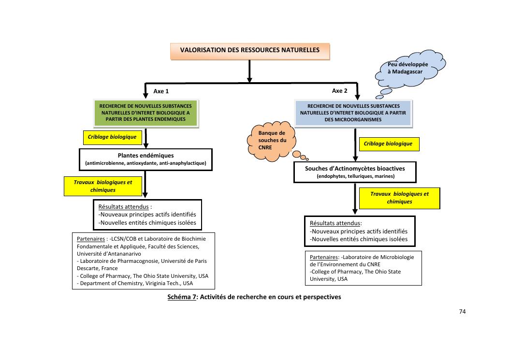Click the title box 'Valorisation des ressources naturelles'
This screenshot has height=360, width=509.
(x=250, y=50)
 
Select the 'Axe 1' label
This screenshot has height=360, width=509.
(x=161, y=91)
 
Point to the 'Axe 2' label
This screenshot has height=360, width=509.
(x=339, y=90)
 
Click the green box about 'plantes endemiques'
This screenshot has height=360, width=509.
(x=145, y=113)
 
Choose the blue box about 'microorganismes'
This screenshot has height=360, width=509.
(x=353, y=113)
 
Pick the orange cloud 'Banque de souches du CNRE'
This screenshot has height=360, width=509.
(x=272, y=140)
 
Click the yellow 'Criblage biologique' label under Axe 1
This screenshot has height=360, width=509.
(x=112, y=137)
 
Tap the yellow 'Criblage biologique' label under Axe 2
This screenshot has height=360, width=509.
(x=388, y=144)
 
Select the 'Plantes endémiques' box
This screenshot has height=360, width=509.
(x=145, y=159)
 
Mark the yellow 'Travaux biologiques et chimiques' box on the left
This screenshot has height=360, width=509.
(x=102, y=186)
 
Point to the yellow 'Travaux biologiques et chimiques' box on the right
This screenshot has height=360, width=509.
(x=399, y=198)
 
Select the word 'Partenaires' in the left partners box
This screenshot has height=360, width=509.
(x=91, y=239)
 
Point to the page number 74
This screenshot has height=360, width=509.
(x=462, y=312)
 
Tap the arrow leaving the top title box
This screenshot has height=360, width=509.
(x=250, y=70)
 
